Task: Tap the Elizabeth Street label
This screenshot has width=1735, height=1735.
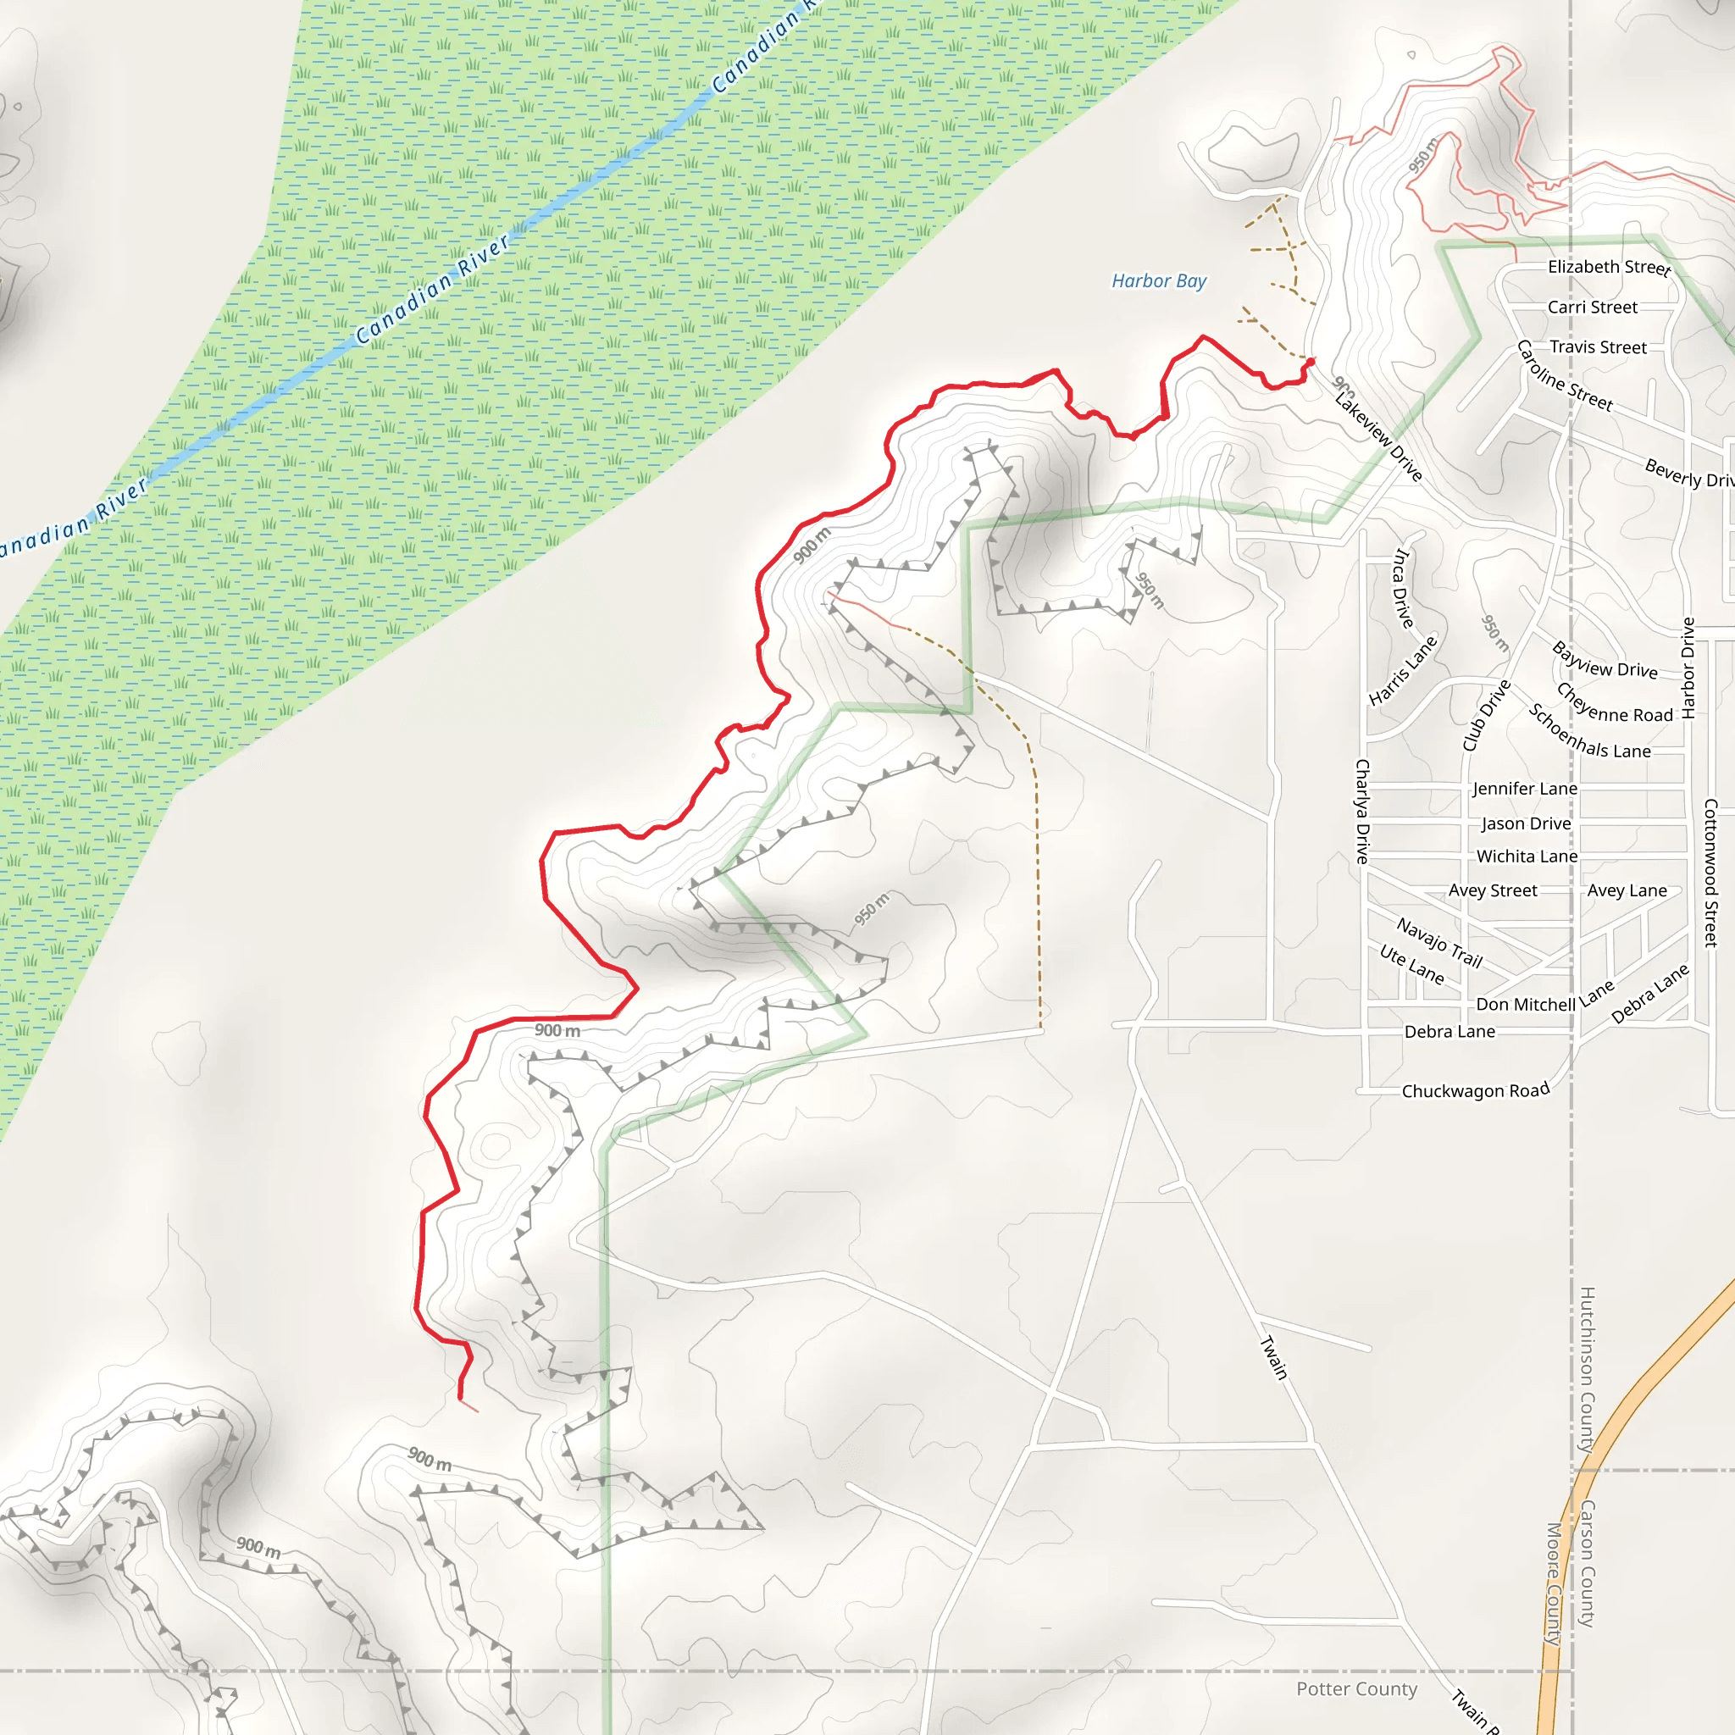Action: [1609, 268]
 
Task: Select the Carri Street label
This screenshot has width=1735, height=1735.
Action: [1592, 308]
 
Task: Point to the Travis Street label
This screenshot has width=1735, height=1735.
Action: [1598, 347]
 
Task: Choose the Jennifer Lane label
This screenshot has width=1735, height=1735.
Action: [1524, 789]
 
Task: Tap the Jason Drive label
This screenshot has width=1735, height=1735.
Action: [1526, 823]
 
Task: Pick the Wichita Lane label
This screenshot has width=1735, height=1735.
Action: [1527, 856]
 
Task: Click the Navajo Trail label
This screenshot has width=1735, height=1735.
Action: [1438, 942]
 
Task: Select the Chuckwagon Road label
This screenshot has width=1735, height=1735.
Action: [1476, 1091]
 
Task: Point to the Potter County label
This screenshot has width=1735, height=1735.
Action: [1356, 1689]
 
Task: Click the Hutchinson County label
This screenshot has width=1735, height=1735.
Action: [1587, 1370]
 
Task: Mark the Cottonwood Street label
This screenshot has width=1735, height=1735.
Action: [1710, 873]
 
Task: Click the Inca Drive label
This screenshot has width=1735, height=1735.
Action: [1402, 588]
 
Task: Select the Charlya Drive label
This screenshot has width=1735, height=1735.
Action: [1362, 811]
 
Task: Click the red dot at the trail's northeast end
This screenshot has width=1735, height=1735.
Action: [1311, 362]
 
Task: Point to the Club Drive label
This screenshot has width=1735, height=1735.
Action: [1486, 716]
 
